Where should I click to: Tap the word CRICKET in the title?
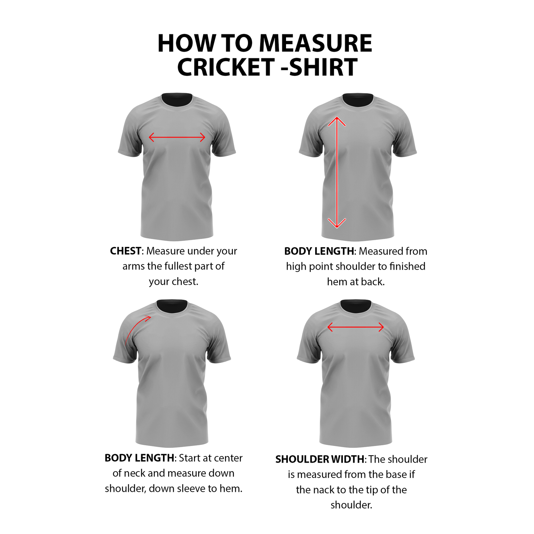[x=225, y=67]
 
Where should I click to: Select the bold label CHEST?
[x=125, y=251]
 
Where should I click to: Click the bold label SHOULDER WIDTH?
[x=320, y=459]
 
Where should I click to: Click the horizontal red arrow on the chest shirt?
[x=177, y=137]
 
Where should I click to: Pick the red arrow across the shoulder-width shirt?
[x=356, y=327]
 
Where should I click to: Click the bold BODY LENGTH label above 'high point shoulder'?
[x=319, y=251]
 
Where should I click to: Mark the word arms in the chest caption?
[x=133, y=266]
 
